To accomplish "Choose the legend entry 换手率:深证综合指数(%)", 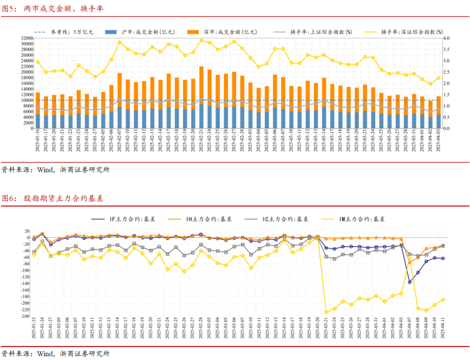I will point(412,32).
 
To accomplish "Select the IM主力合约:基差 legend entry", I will point(361,219).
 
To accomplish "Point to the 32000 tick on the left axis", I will point(27,38).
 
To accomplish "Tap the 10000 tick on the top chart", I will point(27,101).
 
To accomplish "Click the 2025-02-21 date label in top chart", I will point(201,140).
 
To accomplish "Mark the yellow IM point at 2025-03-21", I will point(326,312).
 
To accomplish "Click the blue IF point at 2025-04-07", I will point(410,282).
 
